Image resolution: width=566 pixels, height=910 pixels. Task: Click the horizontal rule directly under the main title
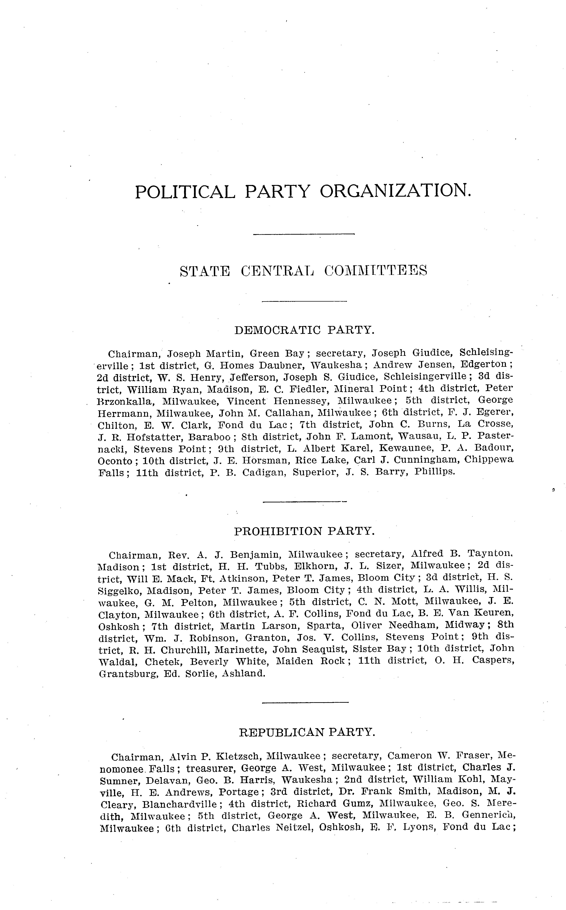pos(304,234)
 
